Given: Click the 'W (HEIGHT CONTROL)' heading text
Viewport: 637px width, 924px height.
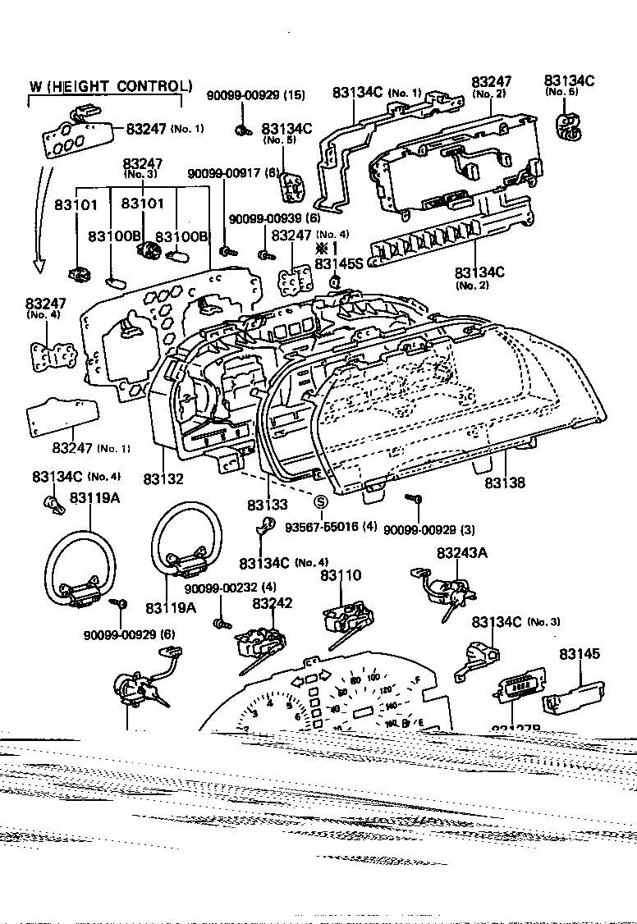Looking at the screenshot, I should [x=110, y=86].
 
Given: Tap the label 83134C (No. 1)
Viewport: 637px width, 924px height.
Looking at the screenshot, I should [x=377, y=93].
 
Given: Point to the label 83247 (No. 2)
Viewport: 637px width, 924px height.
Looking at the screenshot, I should [x=491, y=84].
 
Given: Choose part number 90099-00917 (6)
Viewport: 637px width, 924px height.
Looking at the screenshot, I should [x=235, y=173].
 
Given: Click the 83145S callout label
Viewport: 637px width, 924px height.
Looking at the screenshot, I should [x=338, y=263].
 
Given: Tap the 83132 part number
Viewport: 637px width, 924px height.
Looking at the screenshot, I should [x=163, y=478].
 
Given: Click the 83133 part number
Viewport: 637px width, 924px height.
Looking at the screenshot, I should [x=267, y=503].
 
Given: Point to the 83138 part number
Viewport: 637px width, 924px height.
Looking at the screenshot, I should [x=504, y=483].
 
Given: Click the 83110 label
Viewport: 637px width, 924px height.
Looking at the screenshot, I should [x=340, y=576].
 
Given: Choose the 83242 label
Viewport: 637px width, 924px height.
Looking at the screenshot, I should [x=273, y=603].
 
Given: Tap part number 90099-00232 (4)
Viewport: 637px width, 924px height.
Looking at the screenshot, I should [x=230, y=588].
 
